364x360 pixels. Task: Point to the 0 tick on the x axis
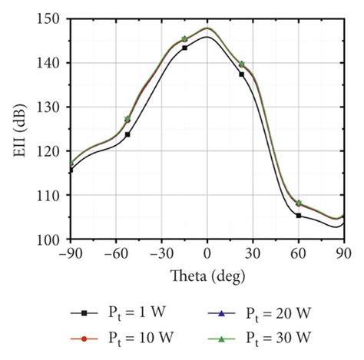[x=207, y=253]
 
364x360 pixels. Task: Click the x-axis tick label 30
[x=253, y=253]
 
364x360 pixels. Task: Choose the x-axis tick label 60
[x=298, y=253]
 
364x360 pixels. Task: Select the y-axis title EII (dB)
[x=23, y=129]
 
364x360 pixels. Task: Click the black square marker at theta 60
[x=298, y=216]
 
